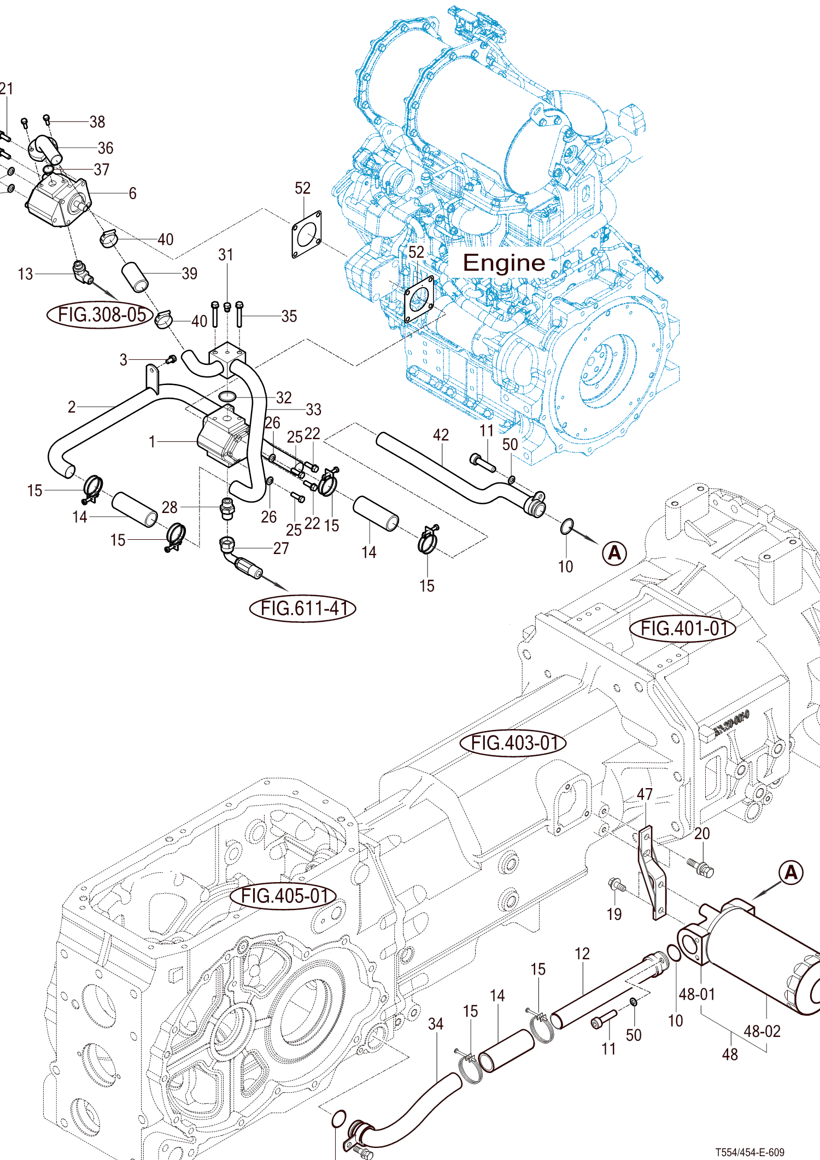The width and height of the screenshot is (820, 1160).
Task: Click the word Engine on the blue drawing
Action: [x=503, y=263]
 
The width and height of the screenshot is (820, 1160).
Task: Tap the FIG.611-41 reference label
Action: [x=303, y=608]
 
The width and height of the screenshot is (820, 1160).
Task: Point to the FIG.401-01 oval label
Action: [x=683, y=628]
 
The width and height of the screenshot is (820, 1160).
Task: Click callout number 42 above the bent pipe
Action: [x=441, y=435]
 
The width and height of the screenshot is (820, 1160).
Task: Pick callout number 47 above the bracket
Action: [x=645, y=794]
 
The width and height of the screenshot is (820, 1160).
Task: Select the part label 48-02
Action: [x=762, y=1031]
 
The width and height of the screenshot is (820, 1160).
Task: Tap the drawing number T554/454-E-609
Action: [x=750, y=1152]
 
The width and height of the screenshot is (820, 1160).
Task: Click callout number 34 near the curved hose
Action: [x=436, y=1024]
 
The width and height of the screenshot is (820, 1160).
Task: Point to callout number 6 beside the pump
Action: [x=132, y=194]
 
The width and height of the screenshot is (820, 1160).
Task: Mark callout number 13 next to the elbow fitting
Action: [x=26, y=274]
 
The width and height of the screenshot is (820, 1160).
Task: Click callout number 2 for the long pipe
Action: [x=72, y=407]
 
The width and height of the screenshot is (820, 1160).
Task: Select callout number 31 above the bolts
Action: [x=226, y=255]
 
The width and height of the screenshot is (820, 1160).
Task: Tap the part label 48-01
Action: [x=697, y=994]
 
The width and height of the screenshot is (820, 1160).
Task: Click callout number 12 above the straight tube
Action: [x=582, y=954]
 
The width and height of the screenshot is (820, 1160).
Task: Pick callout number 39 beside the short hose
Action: [x=189, y=273]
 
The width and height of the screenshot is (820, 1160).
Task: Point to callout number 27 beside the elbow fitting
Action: [x=281, y=548]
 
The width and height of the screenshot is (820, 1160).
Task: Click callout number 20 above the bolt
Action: [x=702, y=833]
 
